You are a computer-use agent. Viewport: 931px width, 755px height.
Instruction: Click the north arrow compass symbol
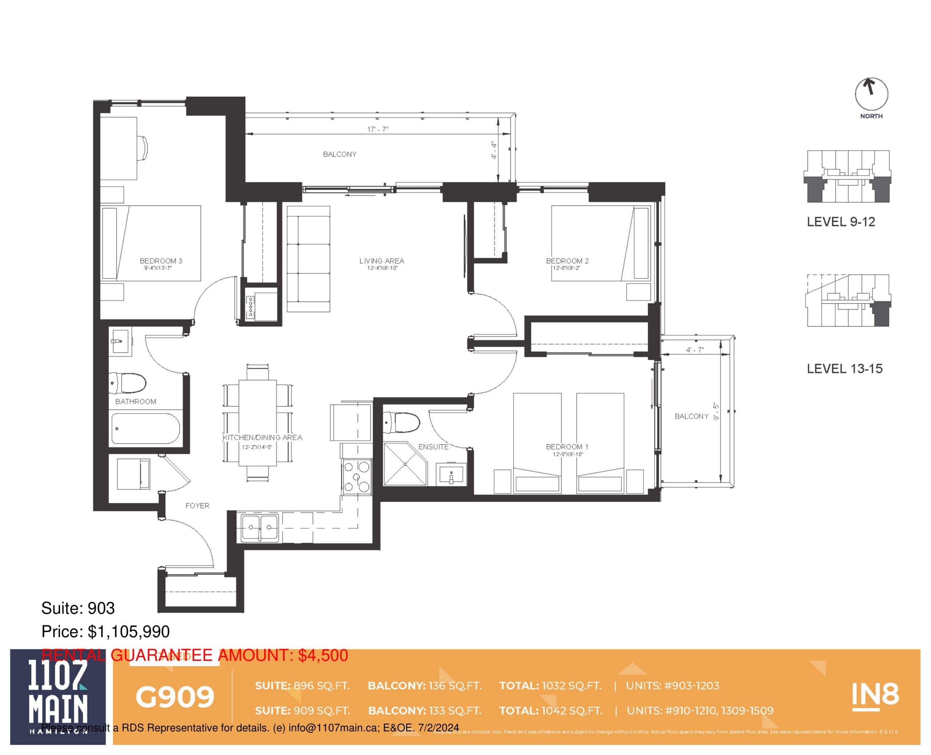point(871,93)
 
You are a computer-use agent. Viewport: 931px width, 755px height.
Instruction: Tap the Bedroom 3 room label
point(161,261)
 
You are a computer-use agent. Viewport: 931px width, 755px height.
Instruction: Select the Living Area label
point(381,261)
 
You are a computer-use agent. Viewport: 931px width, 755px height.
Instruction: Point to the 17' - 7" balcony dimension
point(377,129)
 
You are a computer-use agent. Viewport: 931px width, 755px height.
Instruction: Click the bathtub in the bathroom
point(145,429)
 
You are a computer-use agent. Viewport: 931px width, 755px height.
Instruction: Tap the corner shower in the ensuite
point(405,464)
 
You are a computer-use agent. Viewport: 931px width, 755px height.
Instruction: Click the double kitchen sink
point(260,528)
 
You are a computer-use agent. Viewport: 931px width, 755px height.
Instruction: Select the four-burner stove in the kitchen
point(356,477)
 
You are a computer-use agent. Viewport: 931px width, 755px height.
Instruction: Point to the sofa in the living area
point(308,259)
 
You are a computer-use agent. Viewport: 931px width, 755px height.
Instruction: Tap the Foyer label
point(197,506)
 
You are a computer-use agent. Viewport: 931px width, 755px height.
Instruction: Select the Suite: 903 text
point(78,608)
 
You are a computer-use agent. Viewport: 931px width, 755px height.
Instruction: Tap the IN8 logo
point(875,695)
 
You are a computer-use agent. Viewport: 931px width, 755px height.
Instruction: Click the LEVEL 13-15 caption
point(844,369)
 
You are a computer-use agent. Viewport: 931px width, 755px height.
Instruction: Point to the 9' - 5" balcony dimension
point(716,411)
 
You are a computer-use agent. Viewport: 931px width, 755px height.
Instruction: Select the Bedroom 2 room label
point(567,261)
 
